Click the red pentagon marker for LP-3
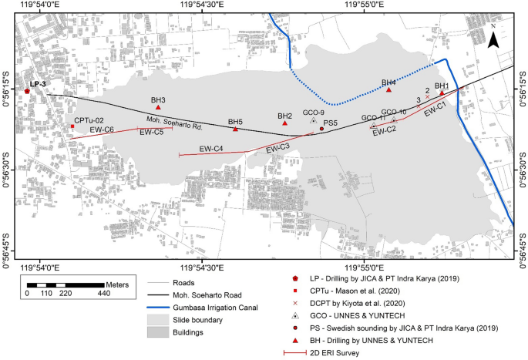coord(28,91)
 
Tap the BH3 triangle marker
coord(158,107)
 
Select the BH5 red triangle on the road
coord(235,129)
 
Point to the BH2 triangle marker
coord(285,123)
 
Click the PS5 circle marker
coord(321,129)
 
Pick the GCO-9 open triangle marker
coord(313,120)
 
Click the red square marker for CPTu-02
coord(72,126)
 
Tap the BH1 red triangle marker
coord(442,93)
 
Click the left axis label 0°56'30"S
coord(5,164)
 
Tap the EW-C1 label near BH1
coord(435,111)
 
